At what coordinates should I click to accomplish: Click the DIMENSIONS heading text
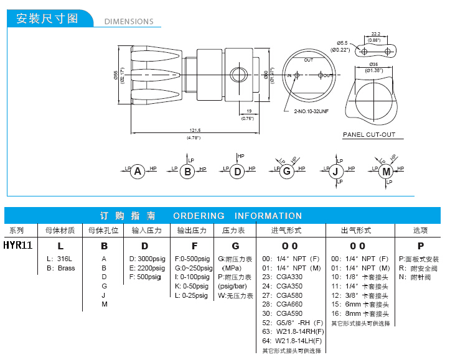click(x=129, y=21)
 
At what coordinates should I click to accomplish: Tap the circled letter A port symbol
click(x=138, y=171)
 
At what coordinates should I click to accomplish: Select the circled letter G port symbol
click(x=286, y=171)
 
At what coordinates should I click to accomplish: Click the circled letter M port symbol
click(x=387, y=171)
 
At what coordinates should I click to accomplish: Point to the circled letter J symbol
click(x=336, y=171)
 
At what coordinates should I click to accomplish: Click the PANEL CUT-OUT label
click(x=369, y=135)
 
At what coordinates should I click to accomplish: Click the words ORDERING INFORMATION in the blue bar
click(x=237, y=216)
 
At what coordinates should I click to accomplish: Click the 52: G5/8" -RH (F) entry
click(x=293, y=323)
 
